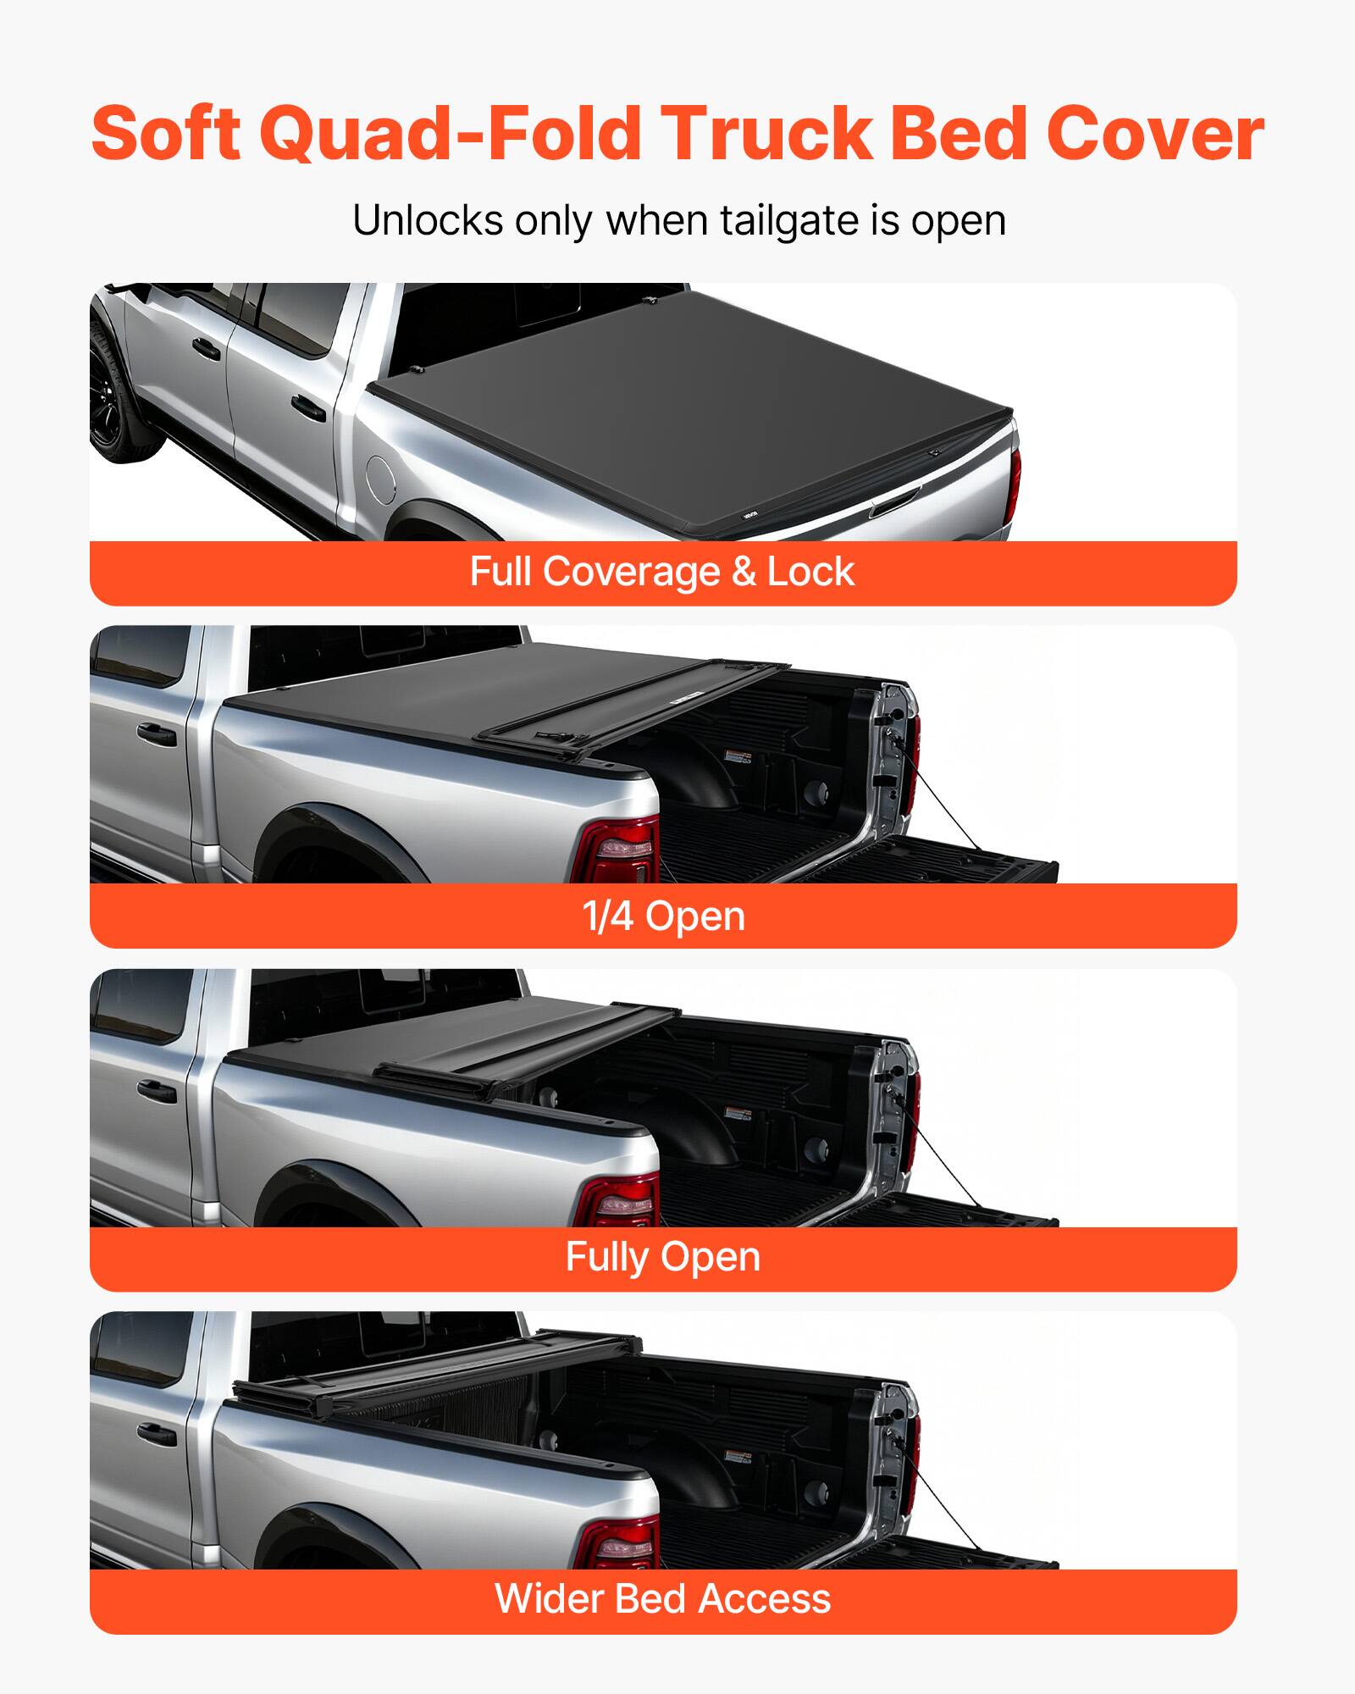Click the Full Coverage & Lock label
click(x=662, y=572)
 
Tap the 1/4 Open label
click(x=663, y=916)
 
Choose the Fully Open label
click(x=663, y=1257)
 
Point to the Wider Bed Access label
click(x=663, y=1599)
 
